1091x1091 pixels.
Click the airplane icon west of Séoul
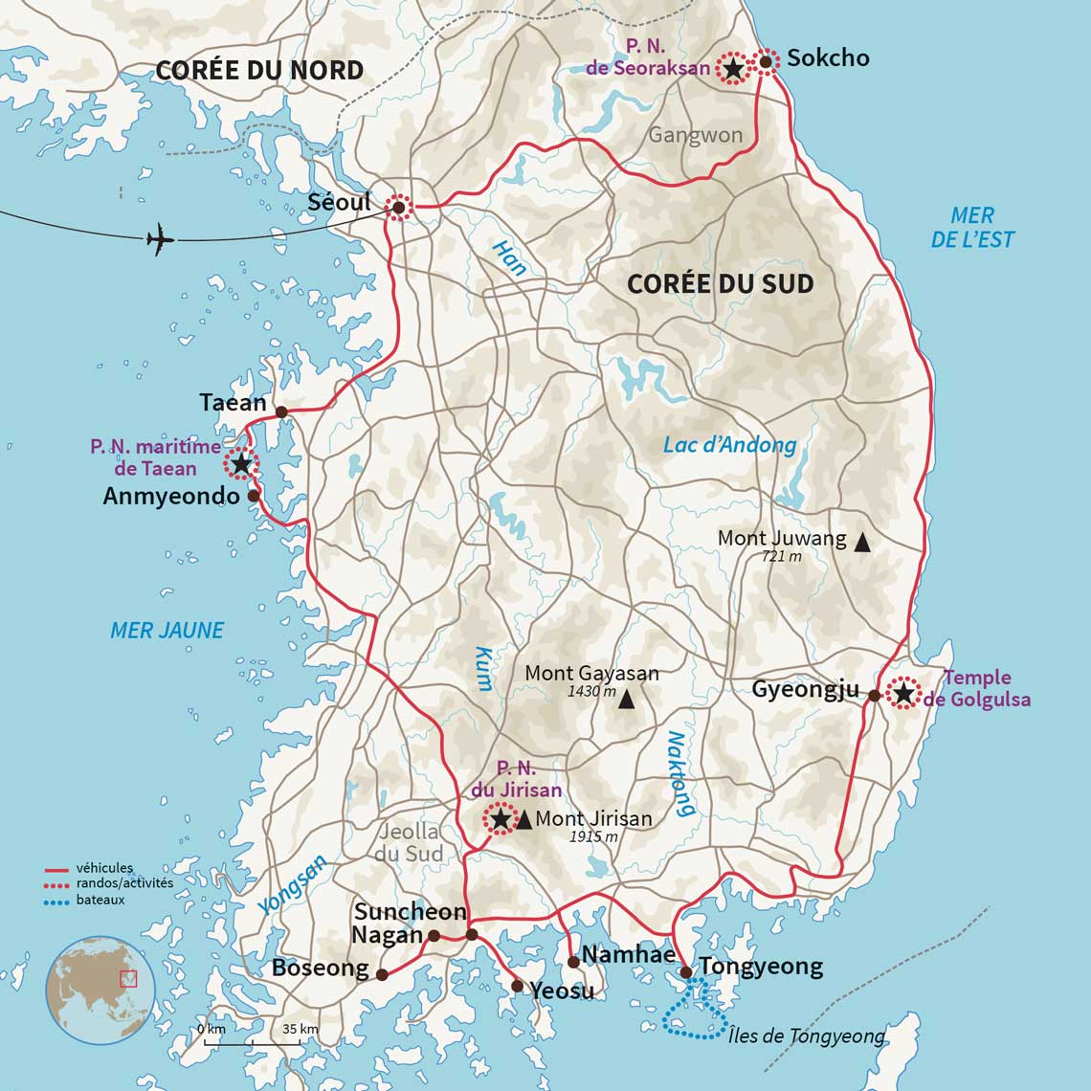click(161, 239)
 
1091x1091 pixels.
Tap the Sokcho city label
click(828, 58)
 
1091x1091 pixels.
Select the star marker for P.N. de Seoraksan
click(733, 68)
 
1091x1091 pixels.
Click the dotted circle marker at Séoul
click(398, 207)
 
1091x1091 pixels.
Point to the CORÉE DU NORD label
click(258, 70)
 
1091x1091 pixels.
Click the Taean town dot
click(281, 412)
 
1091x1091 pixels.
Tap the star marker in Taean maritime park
click(240, 464)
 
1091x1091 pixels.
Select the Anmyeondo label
click(171, 496)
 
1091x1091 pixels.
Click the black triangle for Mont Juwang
click(861, 543)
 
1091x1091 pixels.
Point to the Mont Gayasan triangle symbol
click(626, 700)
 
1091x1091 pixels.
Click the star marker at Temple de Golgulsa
click(902, 692)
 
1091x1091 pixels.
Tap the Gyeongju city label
click(805, 689)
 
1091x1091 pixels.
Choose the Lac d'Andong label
click(729, 444)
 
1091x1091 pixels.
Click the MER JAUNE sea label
click(167, 630)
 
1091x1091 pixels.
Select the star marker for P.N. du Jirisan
click(500, 819)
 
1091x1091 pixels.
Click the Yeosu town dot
click(517, 986)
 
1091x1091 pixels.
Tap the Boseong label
click(320, 968)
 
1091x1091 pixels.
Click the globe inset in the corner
click(100, 990)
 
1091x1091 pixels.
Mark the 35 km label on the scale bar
click(300, 1029)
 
